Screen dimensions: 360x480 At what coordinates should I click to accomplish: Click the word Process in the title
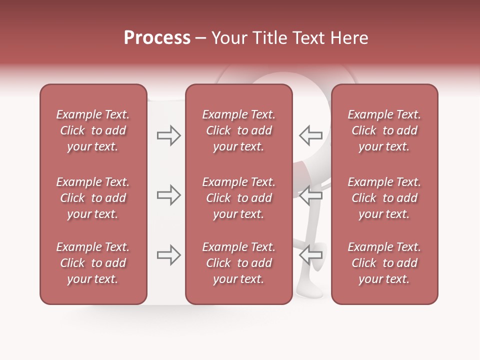(x=157, y=38)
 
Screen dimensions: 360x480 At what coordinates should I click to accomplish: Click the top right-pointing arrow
(x=168, y=135)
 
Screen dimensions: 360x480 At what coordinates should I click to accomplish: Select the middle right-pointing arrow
(x=168, y=195)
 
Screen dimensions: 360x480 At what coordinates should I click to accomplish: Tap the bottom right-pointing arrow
(x=168, y=255)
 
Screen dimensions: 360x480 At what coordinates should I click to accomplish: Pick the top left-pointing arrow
(x=310, y=135)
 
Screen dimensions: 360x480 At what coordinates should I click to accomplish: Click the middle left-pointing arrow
(x=310, y=195)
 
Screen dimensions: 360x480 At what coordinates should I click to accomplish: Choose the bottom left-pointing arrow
(x=310, y=255)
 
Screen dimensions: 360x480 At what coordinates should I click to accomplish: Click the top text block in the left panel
(x=93, y=130)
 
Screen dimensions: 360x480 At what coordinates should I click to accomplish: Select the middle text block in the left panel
(x=93, y=198)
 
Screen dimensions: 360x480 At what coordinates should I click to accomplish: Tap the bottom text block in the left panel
(x=93, y=263)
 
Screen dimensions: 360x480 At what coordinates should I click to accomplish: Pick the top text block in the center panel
(x=238, y=130)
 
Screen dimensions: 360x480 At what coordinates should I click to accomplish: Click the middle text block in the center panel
(x=238, y=198)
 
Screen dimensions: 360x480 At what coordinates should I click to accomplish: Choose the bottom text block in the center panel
(x=238, y=263)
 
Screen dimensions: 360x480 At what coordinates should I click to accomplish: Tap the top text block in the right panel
(x=384, y=130)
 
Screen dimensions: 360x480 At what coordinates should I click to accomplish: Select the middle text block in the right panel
(x=384, y=198)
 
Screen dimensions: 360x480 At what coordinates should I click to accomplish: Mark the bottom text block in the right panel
(x=384, y=263)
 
